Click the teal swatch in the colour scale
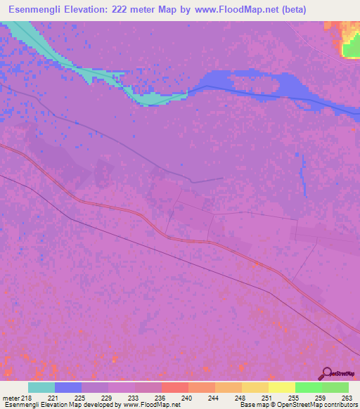41,387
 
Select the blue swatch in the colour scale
68,387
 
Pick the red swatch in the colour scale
175,387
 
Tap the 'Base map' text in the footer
252,405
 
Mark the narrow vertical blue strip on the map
304,176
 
